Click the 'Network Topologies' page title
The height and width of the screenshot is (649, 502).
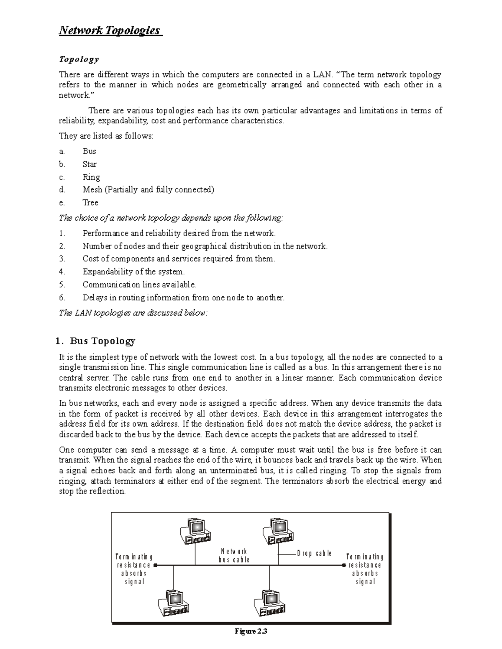coord(110,31)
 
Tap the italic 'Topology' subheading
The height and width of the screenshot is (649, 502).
coord(79,59)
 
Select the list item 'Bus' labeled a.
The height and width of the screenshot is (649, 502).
coord(89,151)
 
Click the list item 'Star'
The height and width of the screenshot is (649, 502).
coord(90,164)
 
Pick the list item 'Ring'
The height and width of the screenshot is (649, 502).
coord(91,177)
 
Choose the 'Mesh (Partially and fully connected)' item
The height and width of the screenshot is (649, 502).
coord(148,190)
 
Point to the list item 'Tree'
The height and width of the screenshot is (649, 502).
coord(90,203)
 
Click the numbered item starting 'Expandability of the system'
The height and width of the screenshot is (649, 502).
coord(133,272)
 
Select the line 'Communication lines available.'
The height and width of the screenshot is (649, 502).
coord(139,285)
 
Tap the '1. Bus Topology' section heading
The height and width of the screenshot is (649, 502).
coord(95,341)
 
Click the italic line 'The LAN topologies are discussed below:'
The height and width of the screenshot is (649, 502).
coord(133,313)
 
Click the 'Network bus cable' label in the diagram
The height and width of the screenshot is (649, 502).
coord(234,555)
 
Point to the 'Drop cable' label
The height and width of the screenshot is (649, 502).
coord(314,553)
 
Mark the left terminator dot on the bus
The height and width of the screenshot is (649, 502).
coord(155,565)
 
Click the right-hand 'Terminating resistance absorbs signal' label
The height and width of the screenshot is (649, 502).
coord(365,569)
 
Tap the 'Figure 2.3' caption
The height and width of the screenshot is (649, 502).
coord(251,631)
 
